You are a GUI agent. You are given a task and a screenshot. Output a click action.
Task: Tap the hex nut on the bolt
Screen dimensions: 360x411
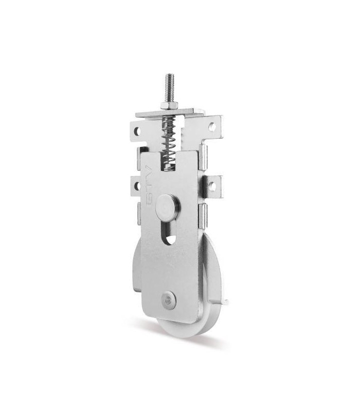coord(169,105)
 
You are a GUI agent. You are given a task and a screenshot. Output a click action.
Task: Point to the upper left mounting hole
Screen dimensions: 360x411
coord(137,131)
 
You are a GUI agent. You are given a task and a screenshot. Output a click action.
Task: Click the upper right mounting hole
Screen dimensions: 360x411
coord(212,127)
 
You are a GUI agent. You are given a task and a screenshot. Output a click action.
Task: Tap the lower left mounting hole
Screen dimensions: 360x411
coord(137,186)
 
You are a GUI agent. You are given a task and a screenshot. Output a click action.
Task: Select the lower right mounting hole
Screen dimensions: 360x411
coord(212,186)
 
